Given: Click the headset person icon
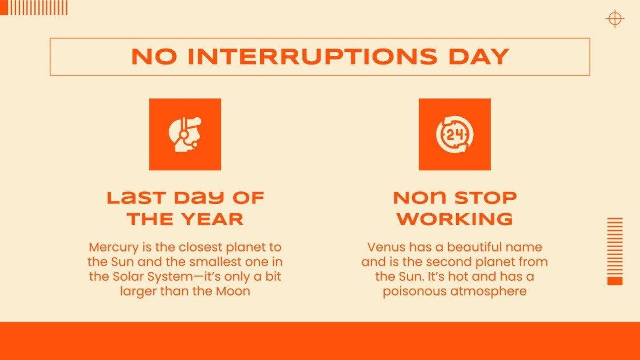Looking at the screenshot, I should (185, 134).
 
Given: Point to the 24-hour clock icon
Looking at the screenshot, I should (454, 134).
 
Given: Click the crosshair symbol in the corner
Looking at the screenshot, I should (614, 19).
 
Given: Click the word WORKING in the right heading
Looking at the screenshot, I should (454, 218).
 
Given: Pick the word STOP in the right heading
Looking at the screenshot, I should (486, 198).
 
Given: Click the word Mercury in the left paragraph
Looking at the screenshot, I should (112, 247).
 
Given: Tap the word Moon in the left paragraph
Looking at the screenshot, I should (234, 291).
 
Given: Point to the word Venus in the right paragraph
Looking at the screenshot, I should (386, 247).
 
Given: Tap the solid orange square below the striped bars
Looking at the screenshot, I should (615, 281).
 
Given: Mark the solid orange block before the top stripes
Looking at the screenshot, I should (4, 7).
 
